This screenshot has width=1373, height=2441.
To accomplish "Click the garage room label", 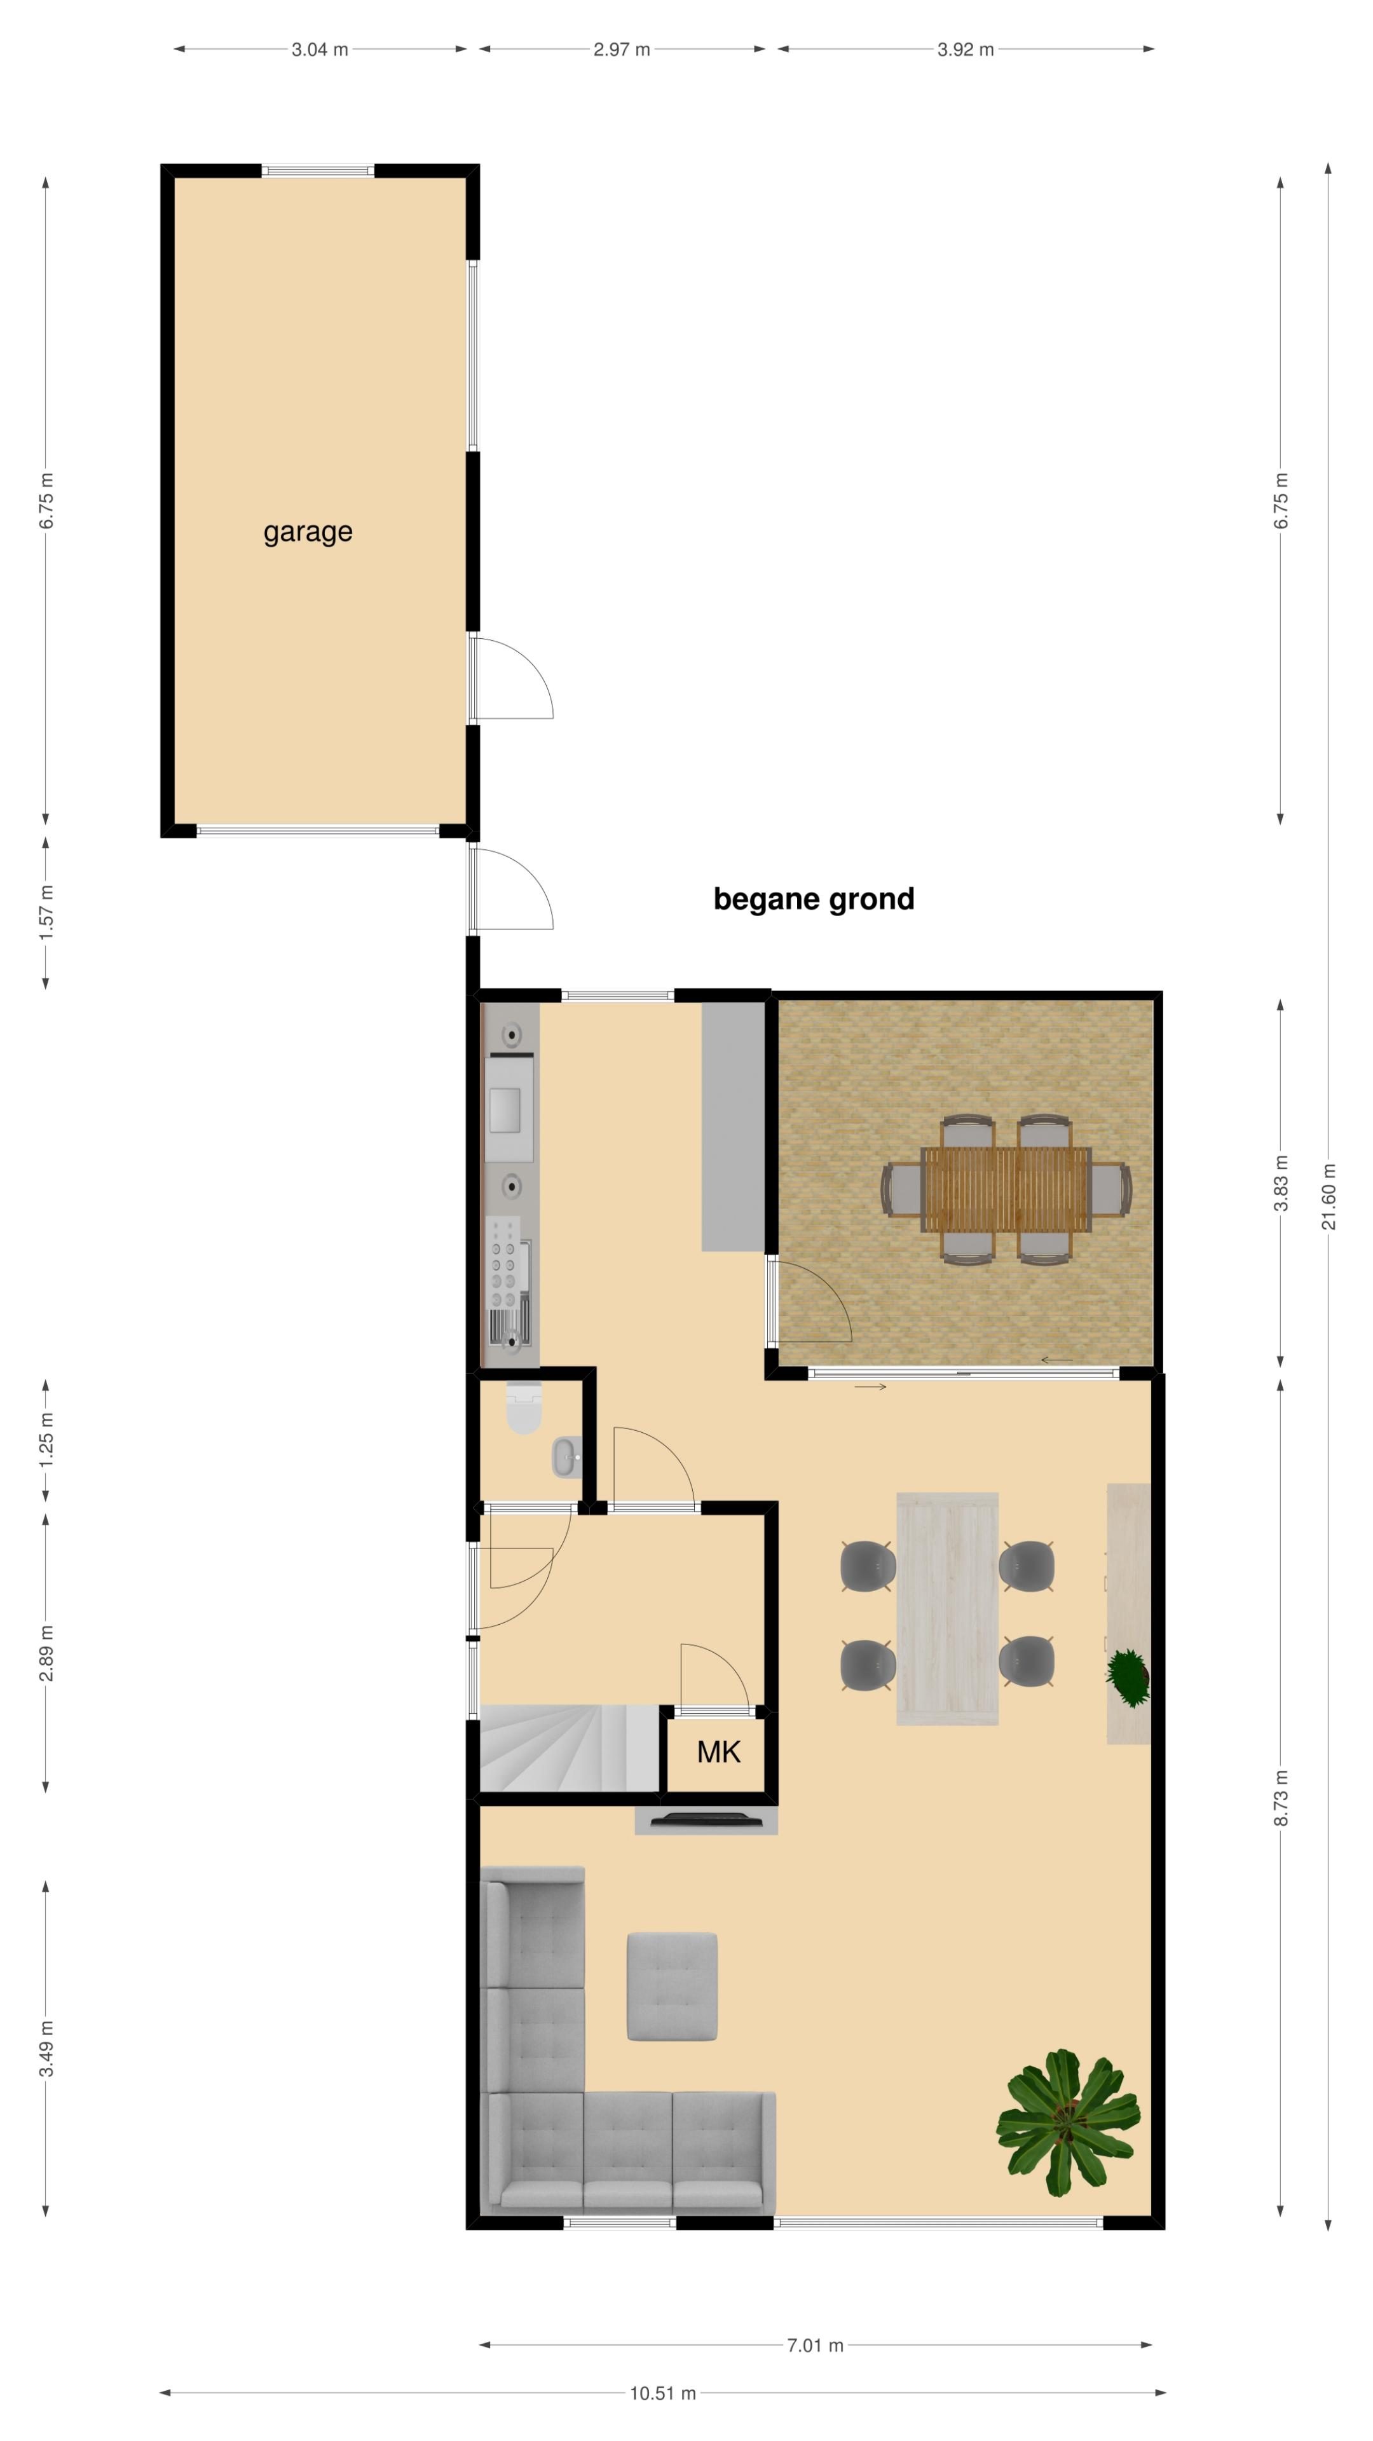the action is point(308,533).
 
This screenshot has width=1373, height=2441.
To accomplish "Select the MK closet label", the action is point(718,1752).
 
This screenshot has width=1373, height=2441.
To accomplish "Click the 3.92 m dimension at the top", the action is point(966,50).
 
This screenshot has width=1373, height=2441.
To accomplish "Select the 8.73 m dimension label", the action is point(1281,1798).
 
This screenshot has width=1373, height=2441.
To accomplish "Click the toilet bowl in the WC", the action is point(523,1408).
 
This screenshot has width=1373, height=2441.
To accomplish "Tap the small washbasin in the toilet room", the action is point(566,1456).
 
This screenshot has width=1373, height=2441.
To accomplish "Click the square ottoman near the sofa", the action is point(672,1986).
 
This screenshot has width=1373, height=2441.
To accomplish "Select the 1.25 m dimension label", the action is point(46,1439).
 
